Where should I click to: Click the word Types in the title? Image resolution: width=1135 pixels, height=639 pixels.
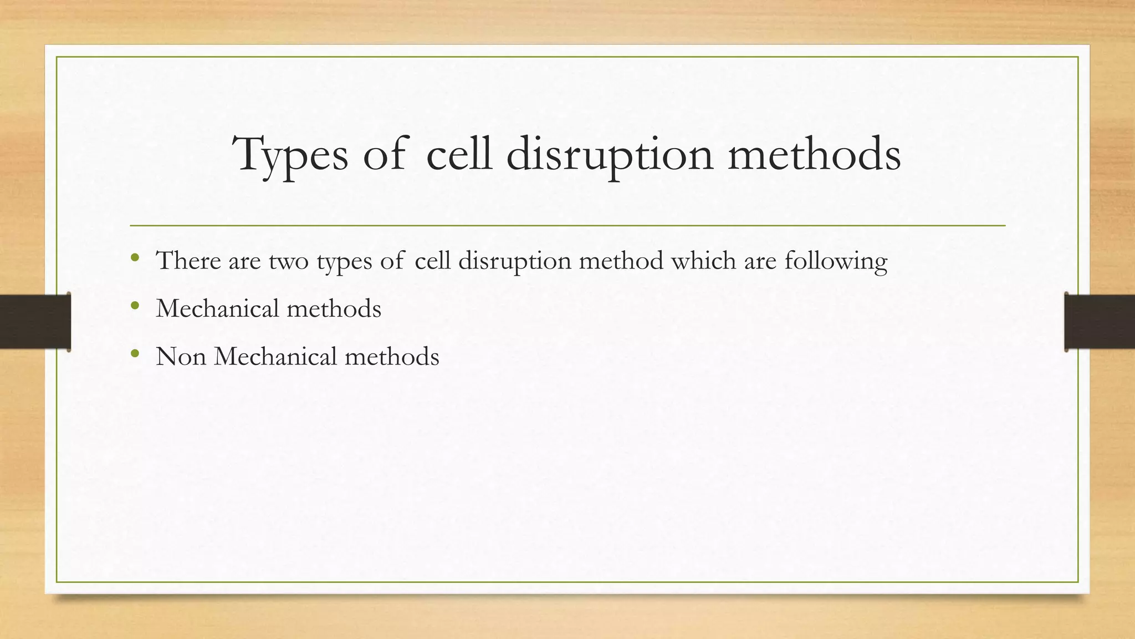[290, 155]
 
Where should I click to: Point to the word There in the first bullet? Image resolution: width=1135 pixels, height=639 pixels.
[188, 261]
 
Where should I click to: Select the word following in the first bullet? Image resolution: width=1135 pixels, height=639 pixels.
[836, 262]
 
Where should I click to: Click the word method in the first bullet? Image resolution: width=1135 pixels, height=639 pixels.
[621, 261]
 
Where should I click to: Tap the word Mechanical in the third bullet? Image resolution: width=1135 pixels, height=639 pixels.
[275, 357]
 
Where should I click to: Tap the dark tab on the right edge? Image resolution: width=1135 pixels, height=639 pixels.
[1100, 322]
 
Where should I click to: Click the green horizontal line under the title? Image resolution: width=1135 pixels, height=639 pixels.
[567, 226]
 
